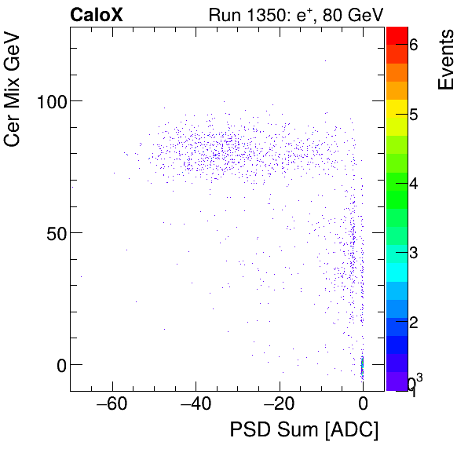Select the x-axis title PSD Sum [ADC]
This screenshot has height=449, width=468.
(x=304, y=430)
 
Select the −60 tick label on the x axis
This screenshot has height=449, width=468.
(x=112, y=405)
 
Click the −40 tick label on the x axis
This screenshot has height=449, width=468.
(x=196, y=405)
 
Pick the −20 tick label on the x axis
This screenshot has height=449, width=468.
(x=279, y=405)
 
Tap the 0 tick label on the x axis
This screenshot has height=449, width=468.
(x=362, y=405)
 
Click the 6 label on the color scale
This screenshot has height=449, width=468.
(x=413, y=46)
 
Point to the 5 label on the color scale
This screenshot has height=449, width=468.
(x=413, y=115)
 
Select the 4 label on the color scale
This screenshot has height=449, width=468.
(x=413, y=184)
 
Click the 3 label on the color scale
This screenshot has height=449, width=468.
(x=413, y=253)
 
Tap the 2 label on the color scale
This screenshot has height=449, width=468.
(x=413, y=322)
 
